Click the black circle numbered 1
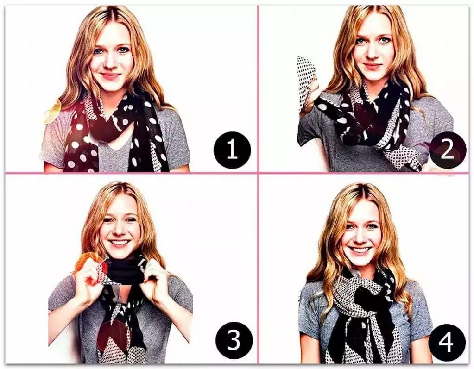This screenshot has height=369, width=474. [x=232, y=150]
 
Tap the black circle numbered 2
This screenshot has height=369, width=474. [x=447, y=150]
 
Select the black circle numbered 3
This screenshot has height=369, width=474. [x=234, y=340]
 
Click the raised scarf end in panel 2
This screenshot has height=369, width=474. [x=305, y=81]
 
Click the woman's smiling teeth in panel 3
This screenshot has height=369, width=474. [x=119, y=243]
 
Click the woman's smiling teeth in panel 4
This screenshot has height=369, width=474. [x=360, y=250]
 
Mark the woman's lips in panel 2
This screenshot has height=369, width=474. [x=373, y=66]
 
